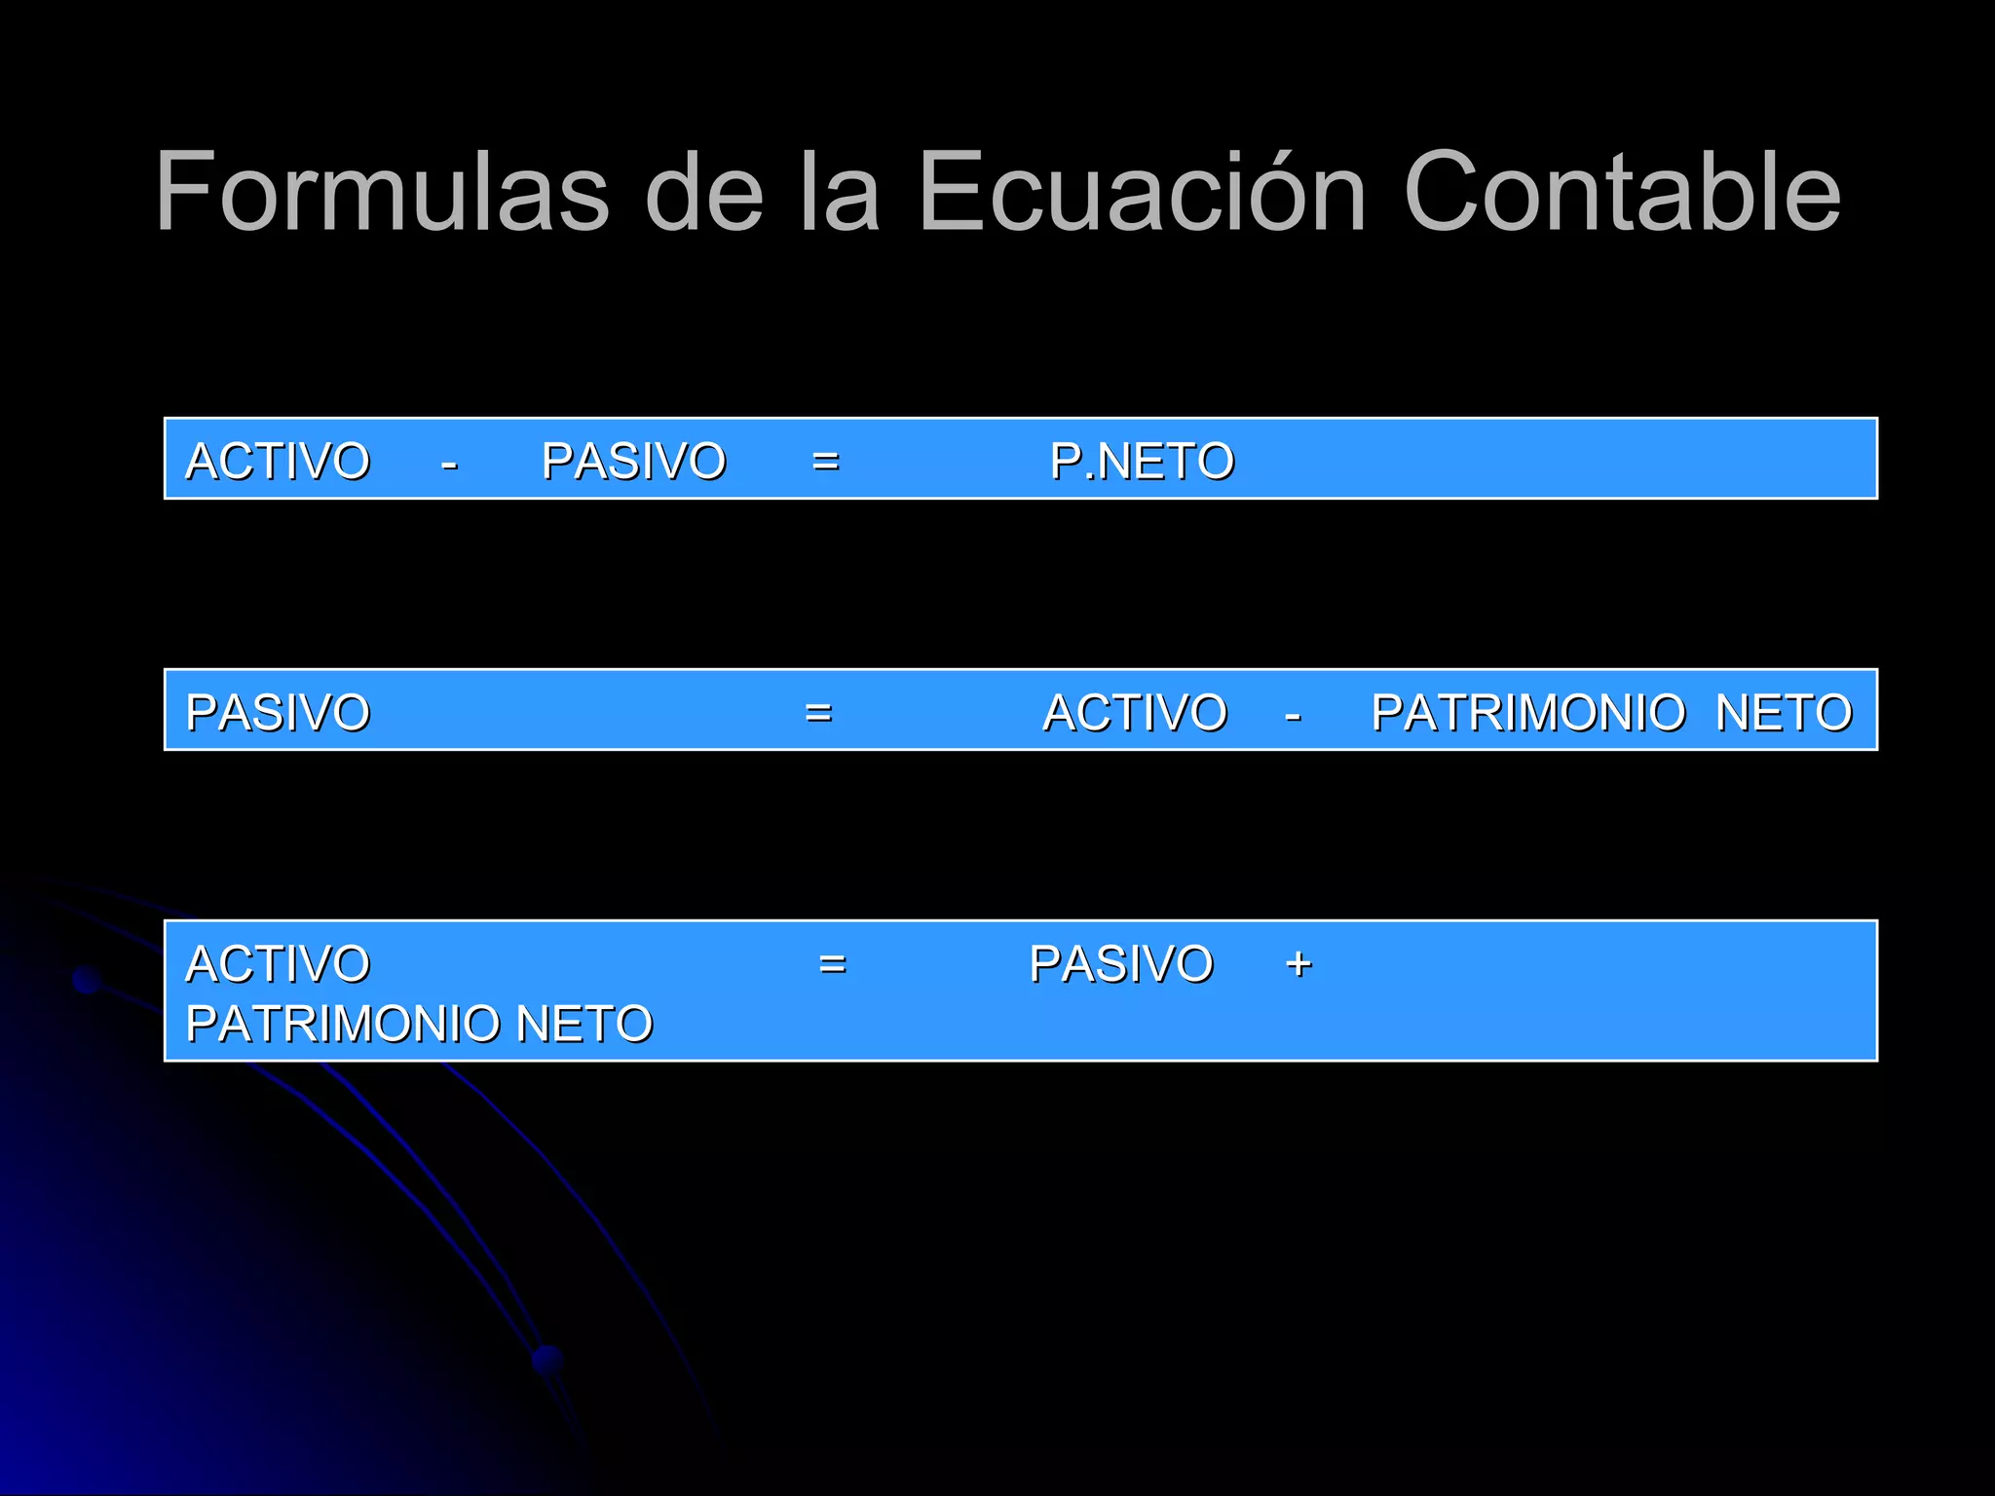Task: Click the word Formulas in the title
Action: click(382, 192)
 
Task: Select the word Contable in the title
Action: click(1621, 192)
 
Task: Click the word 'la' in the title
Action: click(840, 192)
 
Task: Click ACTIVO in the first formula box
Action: click(278, 461)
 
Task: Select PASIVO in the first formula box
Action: click(633, 461)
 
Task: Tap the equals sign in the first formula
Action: click(825, 462)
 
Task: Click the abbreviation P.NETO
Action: click(1142, 461)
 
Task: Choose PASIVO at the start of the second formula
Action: click(278, 712)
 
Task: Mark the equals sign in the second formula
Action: click(818, 713)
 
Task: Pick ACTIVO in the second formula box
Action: click(1135, 712)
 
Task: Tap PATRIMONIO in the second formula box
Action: click(1527, 712)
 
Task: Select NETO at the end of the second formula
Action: click(1783, 712)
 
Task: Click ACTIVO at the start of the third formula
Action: click(278, 963)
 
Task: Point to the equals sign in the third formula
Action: click(832, 964)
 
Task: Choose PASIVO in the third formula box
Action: click(1121, 963)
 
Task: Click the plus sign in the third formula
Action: click(1299, 964)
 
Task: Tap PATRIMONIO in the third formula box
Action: click(345, 1024)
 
